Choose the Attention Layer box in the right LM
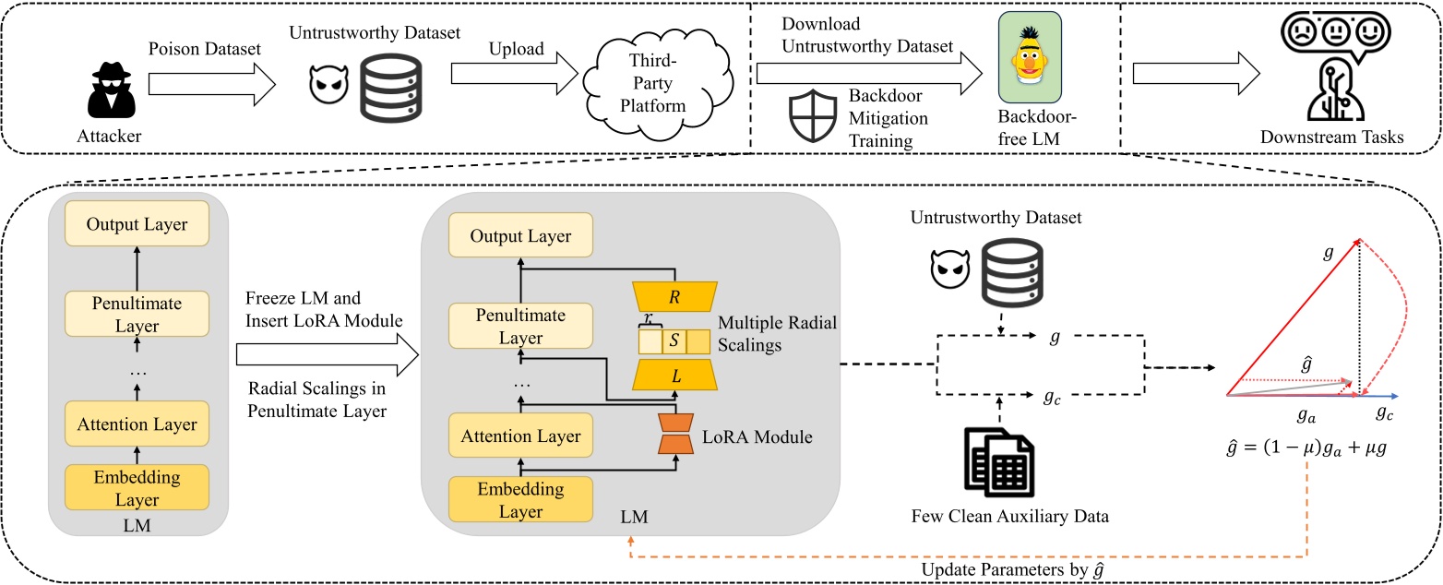pos(520,436)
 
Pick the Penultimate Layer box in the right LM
pos(520,327)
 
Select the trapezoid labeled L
pos(676,377)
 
